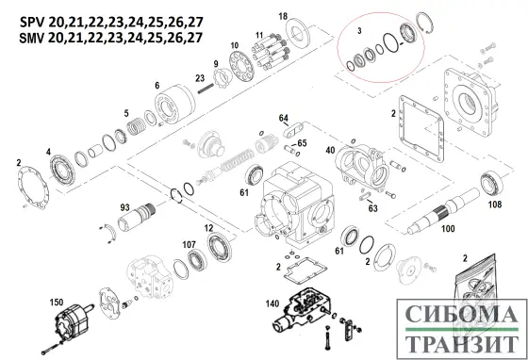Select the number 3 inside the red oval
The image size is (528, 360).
click(359, 31)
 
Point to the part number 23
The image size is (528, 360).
click(199, 77)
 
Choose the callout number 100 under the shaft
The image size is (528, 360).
click(448, 229)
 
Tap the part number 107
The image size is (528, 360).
click(188, 244)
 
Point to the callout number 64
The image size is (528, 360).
click(282, 117)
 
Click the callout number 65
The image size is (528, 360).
click(301, 142)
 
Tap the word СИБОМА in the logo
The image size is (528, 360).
click(453, 314)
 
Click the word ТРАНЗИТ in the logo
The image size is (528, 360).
click(453, 343)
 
